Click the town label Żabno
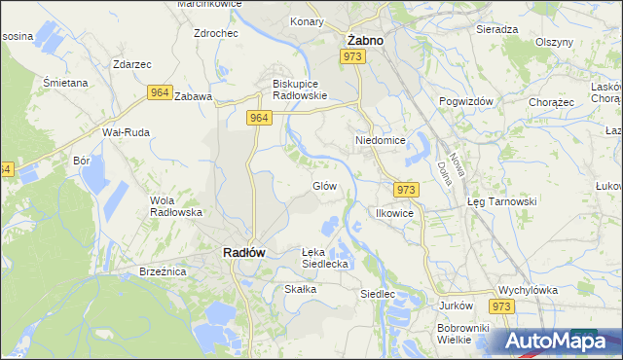[365, 41]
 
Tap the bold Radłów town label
[238, 252]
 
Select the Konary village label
[307, 20]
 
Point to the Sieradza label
[496, 29]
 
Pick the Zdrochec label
[216, 32]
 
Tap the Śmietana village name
[66, 83]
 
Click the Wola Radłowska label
[175, 205]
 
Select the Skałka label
[300, 289]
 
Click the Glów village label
[324, 186]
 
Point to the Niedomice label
[379, 140]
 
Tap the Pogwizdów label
[467, 101]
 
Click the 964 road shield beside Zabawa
[161, 92]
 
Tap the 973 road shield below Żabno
[353, 58]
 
